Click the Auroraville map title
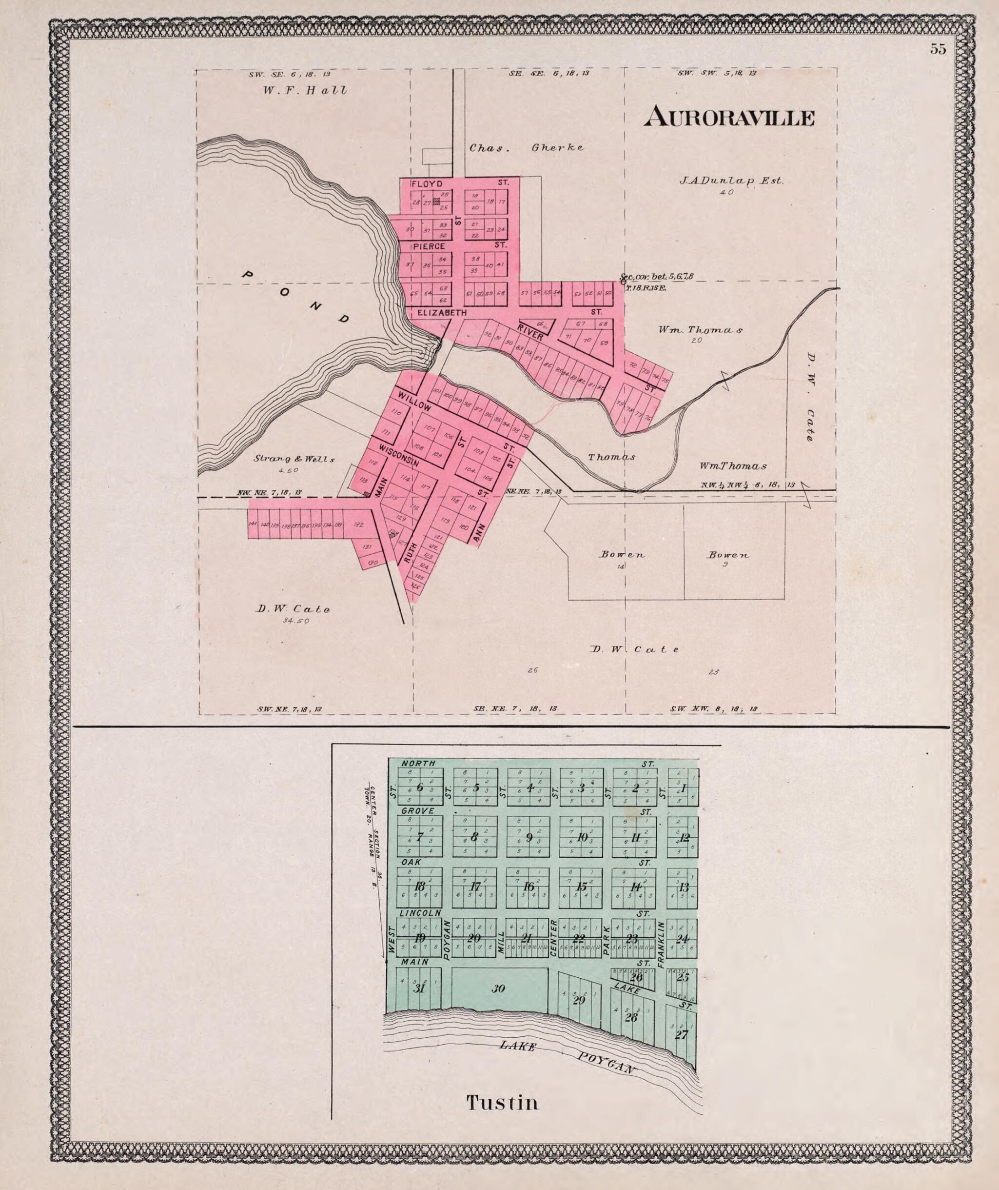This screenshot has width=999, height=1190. (729, 117)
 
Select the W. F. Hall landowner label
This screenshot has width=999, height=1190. (305, 90)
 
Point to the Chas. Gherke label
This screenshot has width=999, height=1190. (526, 148)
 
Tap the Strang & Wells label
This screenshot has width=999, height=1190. (294, 460)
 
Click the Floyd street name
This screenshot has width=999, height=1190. (424, 184)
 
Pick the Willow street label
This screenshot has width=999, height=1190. (414, 401)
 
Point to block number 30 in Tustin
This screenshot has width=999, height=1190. (498, 989)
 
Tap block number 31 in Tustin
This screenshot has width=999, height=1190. (419, 989)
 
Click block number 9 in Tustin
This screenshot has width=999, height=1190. (529, 838)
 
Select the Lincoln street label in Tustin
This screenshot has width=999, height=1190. (420, 913)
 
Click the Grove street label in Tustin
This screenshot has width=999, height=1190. (418, 811)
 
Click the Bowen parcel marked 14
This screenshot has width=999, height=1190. (621, 555)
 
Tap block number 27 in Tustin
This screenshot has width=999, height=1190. (681, 1034)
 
